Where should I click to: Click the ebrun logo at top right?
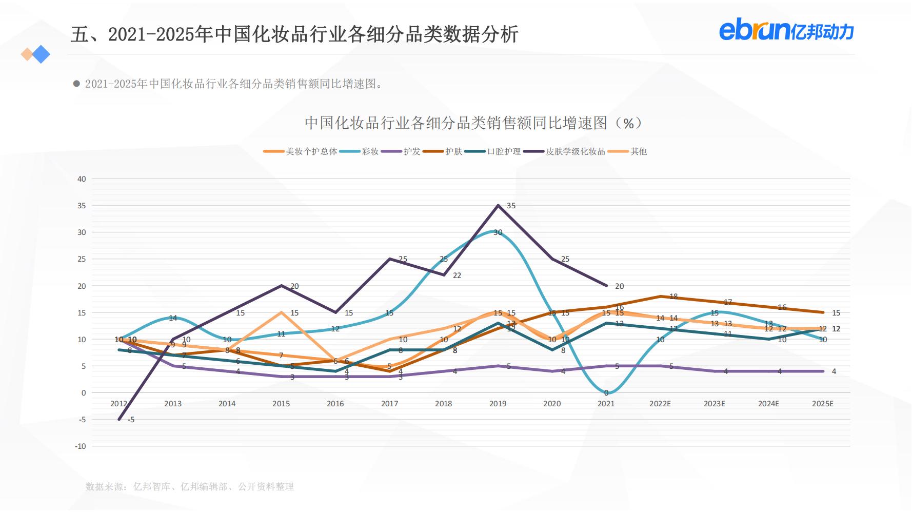pos(786,31)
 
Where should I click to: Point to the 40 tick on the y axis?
pos(82,179)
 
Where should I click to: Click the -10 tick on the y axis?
pos(81,446)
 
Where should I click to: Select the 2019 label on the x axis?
pos(498,404)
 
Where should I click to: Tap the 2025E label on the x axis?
pos(822,404)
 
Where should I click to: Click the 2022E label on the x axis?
pos(660,404)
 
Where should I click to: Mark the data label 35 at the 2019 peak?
pos(511,206)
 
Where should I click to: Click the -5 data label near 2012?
pos(131,420)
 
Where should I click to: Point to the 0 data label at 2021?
pos(606,393)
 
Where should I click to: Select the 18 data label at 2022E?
pos(673,297)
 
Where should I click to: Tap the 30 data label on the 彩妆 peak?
pos(498,232)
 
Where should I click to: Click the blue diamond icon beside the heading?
pos(41,54)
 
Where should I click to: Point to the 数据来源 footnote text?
pos(190,486)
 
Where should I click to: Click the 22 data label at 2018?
pos(457,275)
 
